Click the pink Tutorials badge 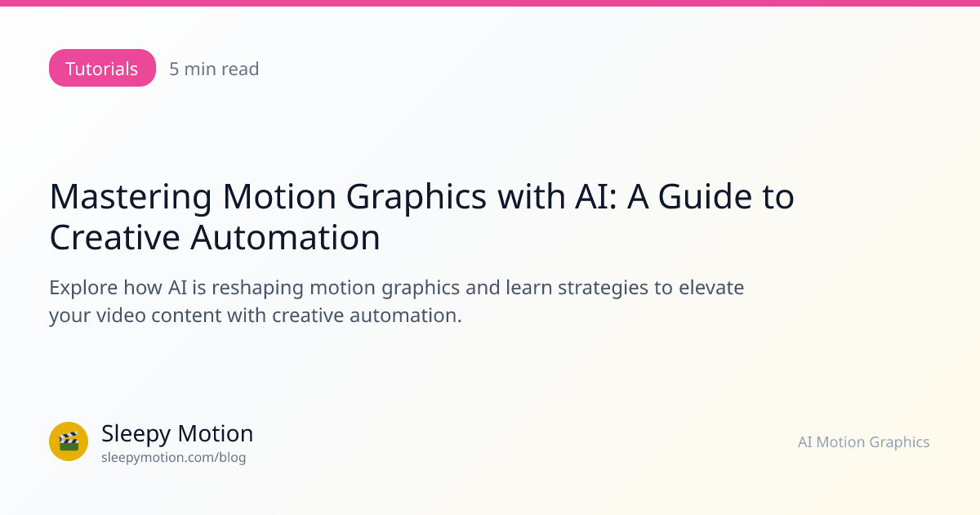[x=102, y=68]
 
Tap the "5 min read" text [x=214, y=69]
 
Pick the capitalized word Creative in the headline [x=114, y=237]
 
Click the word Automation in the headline [x=285, y=237]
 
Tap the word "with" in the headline [x=531, y=196]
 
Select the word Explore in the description [x=83, y=288]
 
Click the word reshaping [x=258, y=288]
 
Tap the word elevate [x=711, y=288]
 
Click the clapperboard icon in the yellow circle [x=69, y=441]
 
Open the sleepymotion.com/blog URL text [x=174, y=458]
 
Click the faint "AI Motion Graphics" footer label [x=864, y=442]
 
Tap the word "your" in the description [x=70, y=316]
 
